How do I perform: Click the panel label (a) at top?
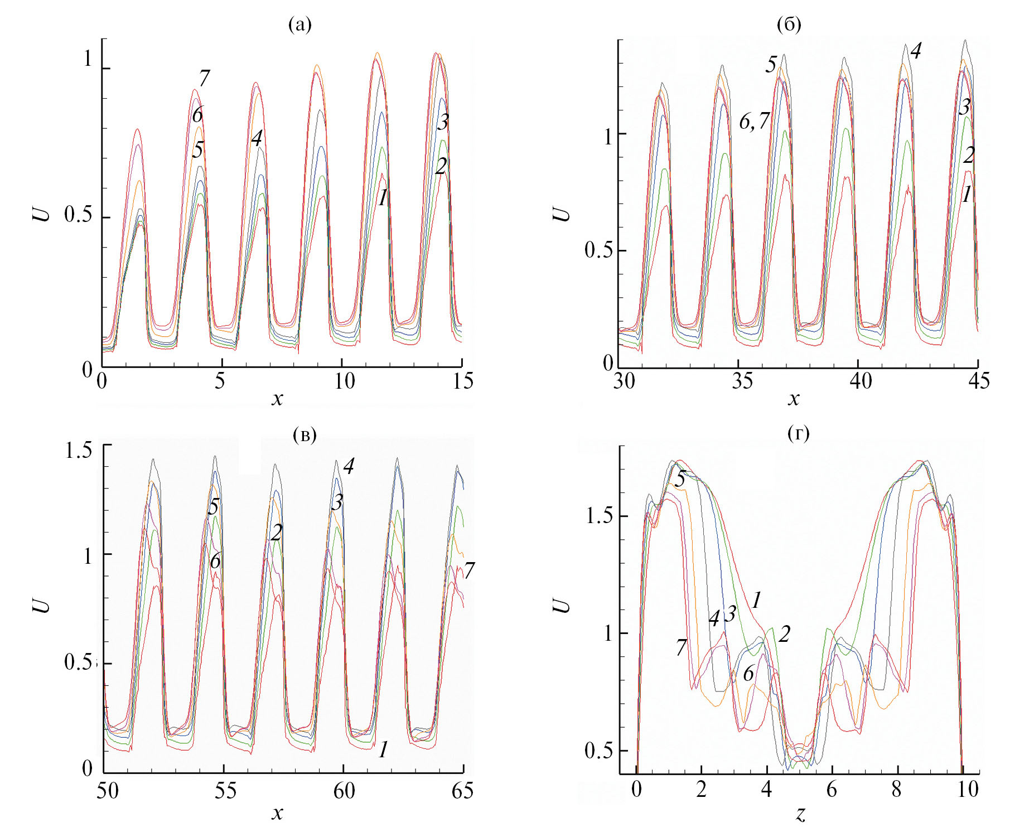pyautogui.click(x=299, y=25)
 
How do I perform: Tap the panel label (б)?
pyautogui.click(x=788, y=25)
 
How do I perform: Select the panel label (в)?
pyautogui.click(x=305, y=435)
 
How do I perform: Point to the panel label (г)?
pyautogui.click(x=798, y=433)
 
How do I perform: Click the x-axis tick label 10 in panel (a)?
pyautogui.click(x=344, y=381)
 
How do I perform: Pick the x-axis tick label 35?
pyautogui.click(x=742, y=381)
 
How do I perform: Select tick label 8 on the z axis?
pyautogui.click(x=896, y=790)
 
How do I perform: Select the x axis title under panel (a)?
pyautogui.click(x=277, y=399)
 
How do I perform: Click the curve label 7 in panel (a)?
pyautogui.click(x=204, y=78)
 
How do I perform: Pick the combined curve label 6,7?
pyautogui.click(x=754, y=120)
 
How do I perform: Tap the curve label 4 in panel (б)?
pyautogui.click(x=915, y=51)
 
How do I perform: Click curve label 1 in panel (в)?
pyautogui.click(x=383, y=751)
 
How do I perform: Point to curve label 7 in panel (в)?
pyautogui.click(x=469, y=570)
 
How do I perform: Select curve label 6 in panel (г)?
pyautogui.click(x=748, y=674)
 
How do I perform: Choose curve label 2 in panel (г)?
pyautogui.click(x=784, y=634)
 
